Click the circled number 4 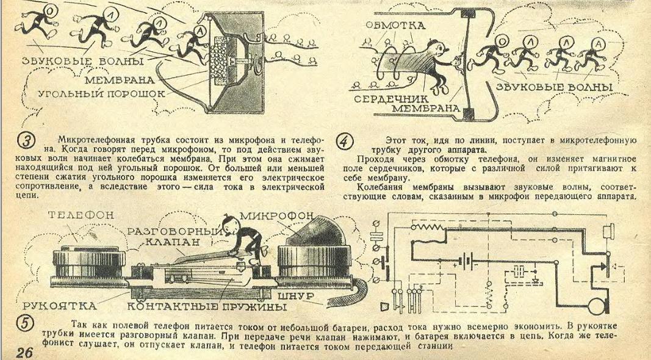346,141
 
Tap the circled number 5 24,323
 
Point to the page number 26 25,352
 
